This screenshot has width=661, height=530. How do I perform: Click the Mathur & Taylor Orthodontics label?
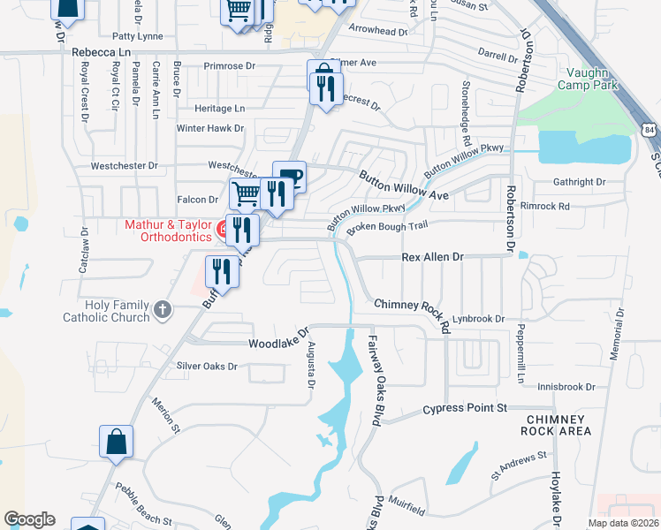(168, 231)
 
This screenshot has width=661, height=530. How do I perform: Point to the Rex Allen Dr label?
(432, 256)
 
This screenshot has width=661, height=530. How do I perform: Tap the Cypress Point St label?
(465, 409)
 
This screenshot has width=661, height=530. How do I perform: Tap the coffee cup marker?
(289, 177)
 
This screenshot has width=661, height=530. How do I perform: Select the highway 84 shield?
(650, 130)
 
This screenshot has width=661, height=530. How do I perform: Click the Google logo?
(29, 519)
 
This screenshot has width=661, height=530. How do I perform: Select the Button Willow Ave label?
(404, 185)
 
